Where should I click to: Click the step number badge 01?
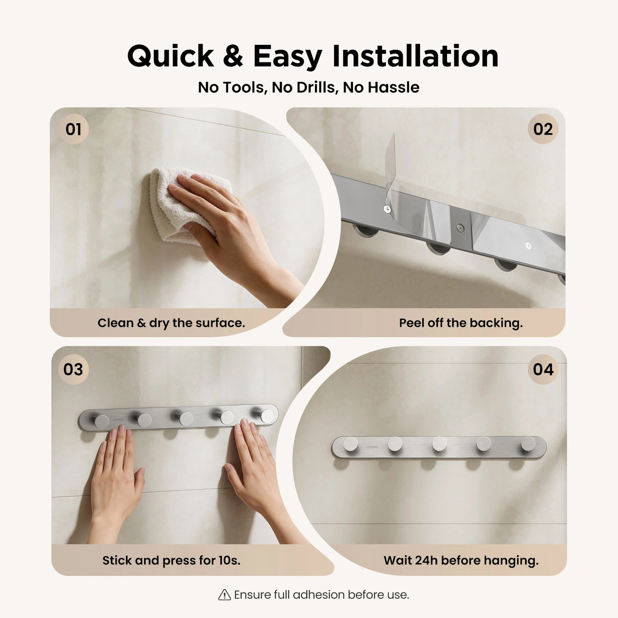[73, 129]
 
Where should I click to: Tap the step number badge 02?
[543, 129]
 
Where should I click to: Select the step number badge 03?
[73, 369]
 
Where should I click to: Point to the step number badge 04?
[543, 369]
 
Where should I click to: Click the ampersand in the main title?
[233, 56]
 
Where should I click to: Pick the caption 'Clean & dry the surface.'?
[171, 323]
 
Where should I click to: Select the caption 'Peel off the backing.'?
[461, 323]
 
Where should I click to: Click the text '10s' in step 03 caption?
[229, 560]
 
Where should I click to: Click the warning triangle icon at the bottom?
[225, 595]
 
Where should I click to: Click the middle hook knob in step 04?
[439, 444]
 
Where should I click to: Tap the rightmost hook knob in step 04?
[528, 444]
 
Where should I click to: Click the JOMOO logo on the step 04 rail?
[372, 447]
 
